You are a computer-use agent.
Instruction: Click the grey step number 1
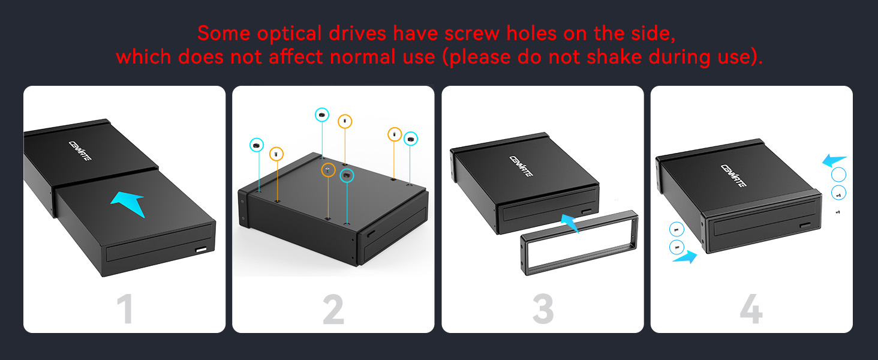(x=124, y=310)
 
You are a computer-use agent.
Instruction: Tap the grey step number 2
(x=333, y=310)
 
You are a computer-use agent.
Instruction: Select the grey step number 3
(x=543, y=310)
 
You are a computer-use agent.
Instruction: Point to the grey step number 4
(x=751, y=310)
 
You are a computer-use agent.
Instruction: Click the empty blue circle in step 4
(x=839, y=175)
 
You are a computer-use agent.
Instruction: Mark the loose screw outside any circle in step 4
(x=838, y=212)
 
